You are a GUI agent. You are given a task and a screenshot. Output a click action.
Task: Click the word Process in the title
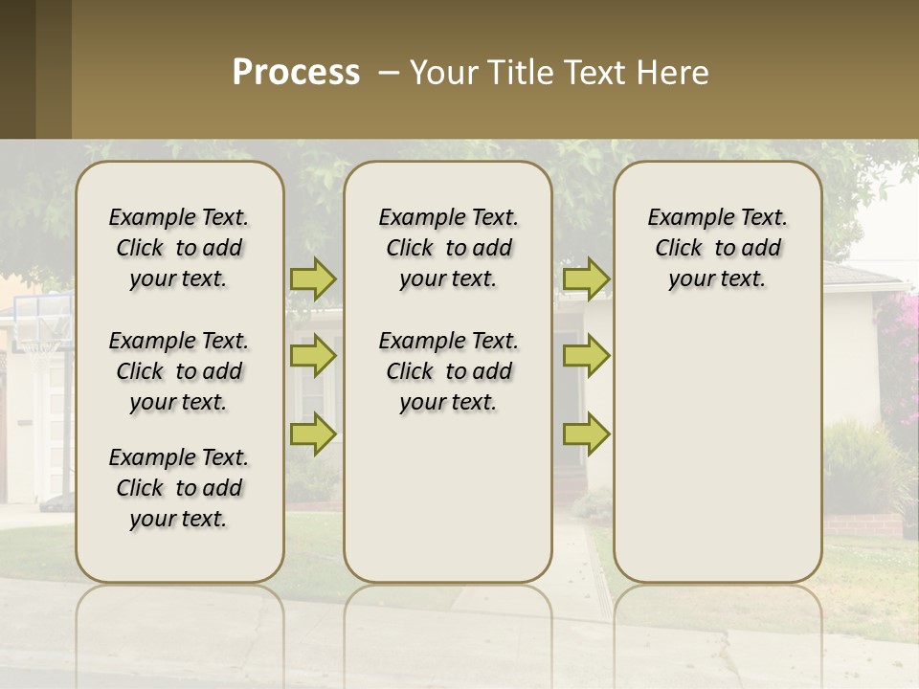[x=296, y=73]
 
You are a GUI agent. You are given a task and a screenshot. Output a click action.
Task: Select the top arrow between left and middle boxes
[x=313, y=278]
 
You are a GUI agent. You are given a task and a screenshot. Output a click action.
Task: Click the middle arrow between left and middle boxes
[x=313, y=356]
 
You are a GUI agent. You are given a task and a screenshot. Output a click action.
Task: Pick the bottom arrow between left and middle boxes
[x=313, y=433]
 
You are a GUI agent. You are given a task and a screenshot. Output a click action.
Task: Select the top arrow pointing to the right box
[x=586, y=278]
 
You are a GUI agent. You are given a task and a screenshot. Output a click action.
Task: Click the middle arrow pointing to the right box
[x=586, y=356]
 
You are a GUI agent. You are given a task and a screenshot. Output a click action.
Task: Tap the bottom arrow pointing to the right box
[x=586, y=433]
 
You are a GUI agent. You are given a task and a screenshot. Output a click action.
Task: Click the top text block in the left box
[x=179, y=248]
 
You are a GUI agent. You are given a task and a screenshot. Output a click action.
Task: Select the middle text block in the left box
[x=179, y=371]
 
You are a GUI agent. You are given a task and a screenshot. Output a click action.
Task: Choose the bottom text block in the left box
[x=179, y=488]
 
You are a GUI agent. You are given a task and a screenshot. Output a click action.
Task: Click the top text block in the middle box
[x=448, y=248]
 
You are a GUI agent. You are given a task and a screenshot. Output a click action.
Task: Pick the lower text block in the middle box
[x=448, y=371]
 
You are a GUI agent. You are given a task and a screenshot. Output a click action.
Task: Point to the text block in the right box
[x=717, y=248]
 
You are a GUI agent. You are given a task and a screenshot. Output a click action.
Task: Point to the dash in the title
[x=389, y=73]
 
